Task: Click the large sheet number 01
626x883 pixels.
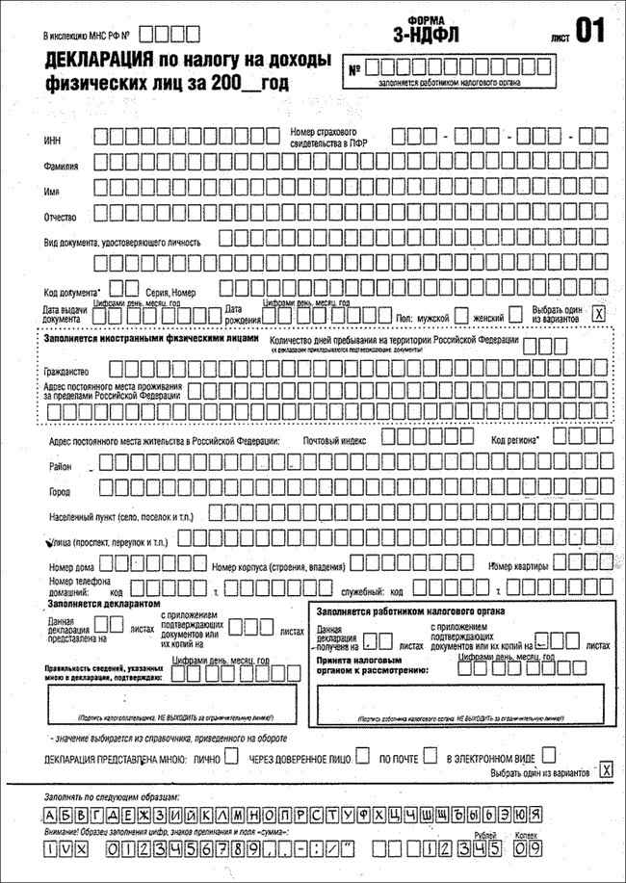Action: click(590, 31)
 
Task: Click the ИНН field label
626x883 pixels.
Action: click(53, 141)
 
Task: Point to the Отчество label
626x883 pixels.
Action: click(61, 216)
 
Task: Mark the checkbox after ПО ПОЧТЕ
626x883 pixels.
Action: click(430, 757)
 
